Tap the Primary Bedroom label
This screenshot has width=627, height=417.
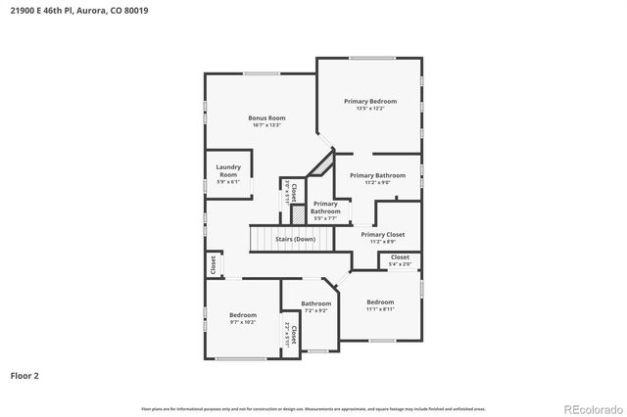[369, 101]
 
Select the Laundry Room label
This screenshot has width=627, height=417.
[227, 170]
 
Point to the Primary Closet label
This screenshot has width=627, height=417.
[382, 235]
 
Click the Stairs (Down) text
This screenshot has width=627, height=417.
[295, 239]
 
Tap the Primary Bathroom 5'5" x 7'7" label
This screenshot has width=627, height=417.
[325, 207]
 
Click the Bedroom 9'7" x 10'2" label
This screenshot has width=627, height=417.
[242, 315]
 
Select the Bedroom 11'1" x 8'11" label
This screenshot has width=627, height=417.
[380, 301]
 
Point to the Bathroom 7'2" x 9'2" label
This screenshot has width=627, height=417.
[315, 303]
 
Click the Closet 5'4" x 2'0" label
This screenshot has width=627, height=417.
[400, 256]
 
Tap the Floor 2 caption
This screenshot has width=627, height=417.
[24, 375]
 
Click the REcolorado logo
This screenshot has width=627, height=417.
[591, 408]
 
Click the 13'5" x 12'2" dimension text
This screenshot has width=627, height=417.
[369, 109]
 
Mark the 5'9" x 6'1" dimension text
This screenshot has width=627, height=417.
[227, 182]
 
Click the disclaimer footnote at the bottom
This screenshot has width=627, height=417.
[313, 408]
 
